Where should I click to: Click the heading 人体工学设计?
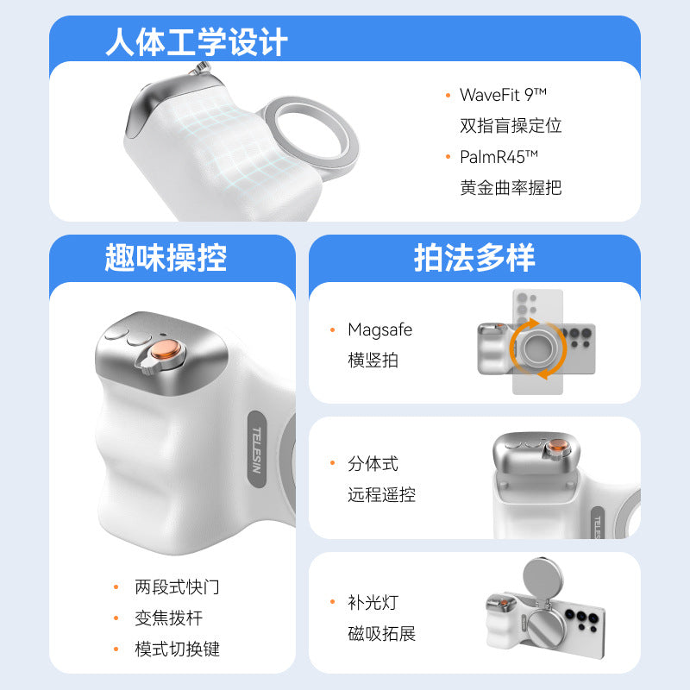coord(197,41)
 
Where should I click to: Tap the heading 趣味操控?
coord(166,258)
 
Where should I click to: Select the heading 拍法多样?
coord(474,258)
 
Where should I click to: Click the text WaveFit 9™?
coord(504,95)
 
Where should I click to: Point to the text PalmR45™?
coord(499,157)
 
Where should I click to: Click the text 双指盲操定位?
coord(511,126)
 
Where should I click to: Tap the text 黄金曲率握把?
coord(511,187)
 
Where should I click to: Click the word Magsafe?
coord(379,329)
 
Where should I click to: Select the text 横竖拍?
coord(373,361)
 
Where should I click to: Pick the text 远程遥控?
coord(381,495)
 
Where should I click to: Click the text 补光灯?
coord(373,603)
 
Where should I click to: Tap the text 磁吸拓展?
coord(381,634)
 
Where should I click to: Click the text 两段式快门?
coord(177,587)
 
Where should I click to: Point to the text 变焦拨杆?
coord(168,618)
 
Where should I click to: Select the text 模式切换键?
coord(177,649)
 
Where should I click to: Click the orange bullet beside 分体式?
coord(332,464)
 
